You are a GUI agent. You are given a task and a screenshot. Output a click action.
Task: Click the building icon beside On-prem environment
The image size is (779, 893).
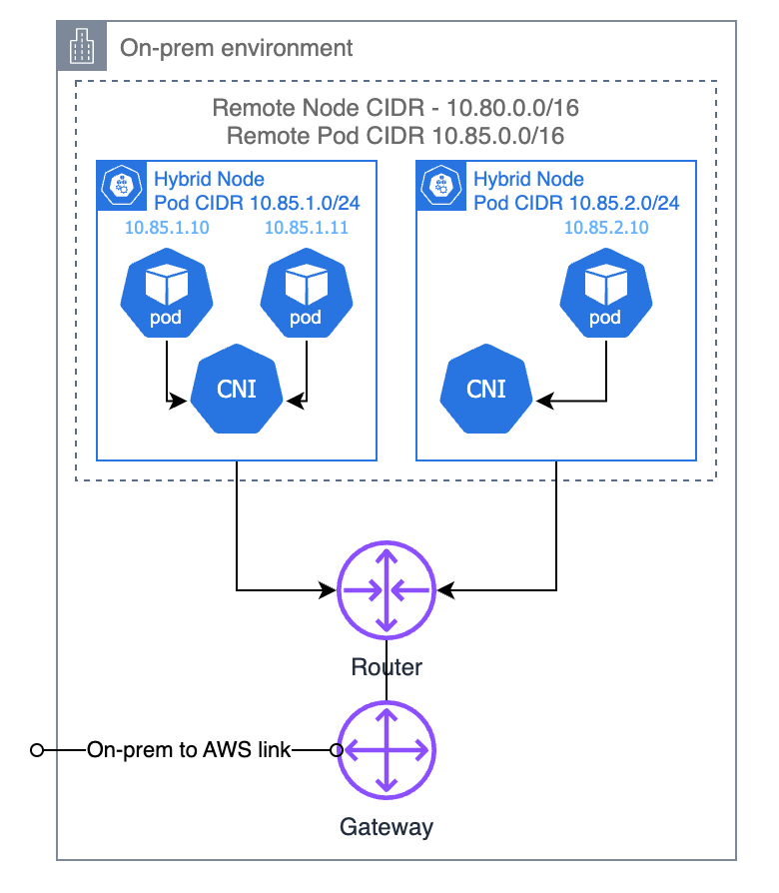pyautogui.click(x=79, y=45)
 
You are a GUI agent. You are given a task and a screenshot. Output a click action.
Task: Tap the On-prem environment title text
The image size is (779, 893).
pyautogui.click(x=236, y=47)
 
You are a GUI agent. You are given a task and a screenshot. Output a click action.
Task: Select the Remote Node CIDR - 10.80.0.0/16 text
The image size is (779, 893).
pyautogui.click(x=395, y=108)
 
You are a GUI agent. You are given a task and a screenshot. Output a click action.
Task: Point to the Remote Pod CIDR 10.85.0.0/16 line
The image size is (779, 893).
pyautogui.click(x=395, y=135)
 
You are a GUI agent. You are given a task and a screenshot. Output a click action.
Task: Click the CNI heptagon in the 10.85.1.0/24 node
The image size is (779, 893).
pyautogui.click(x=236, y=389)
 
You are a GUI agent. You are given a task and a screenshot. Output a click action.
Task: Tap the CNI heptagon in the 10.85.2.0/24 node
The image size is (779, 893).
pyautogui.click(x=486, y=389)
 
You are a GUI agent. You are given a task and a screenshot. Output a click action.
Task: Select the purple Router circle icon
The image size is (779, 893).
pyautogui.click(x=387, y=591)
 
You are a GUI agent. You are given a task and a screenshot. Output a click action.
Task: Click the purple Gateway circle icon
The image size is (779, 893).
pyautogui.click(x=387, y=749)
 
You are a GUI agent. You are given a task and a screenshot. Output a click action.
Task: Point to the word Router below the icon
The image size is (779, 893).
pyautogui.click(x=387, y=666)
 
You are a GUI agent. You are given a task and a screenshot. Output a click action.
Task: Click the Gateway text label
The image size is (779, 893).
pyautogui.click(x=387, y=826)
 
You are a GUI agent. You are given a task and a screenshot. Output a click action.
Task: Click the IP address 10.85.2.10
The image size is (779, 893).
pyautogui.click(x=605, y=228)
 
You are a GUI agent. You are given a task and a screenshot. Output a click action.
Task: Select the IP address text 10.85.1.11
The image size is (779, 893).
pyautogui.click(x=306, y=228)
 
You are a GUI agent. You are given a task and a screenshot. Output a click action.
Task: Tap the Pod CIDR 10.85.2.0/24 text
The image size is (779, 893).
pyautogui.click(x=576, y=203)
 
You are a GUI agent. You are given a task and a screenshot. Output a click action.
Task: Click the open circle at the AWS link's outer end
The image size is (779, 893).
pyautogui.click(x=37, y=750)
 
